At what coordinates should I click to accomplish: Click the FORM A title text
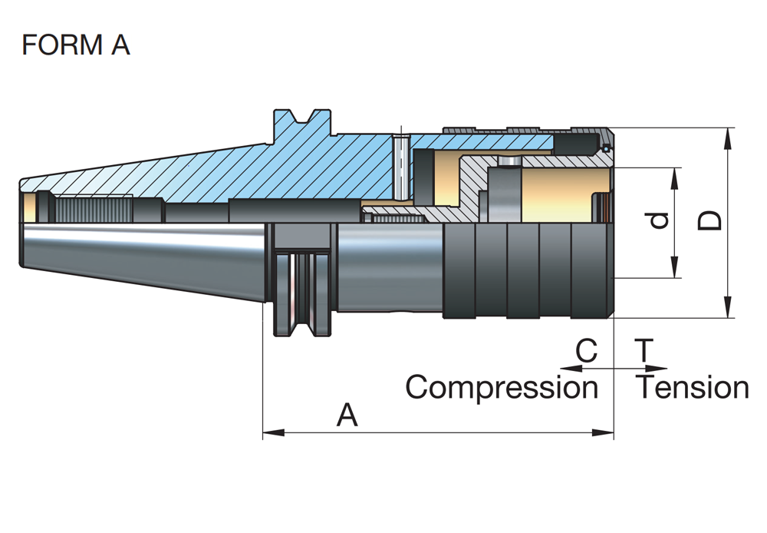click(x=76, y=45)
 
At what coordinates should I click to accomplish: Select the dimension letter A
click(x=347, y=416)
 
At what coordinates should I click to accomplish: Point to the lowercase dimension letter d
click(x=658, y=222)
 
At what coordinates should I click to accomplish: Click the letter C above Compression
click(x=586, y=352)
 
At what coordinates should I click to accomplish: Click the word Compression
click(x=502, y=387)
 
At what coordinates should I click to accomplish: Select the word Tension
click(x=693, y=387)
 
